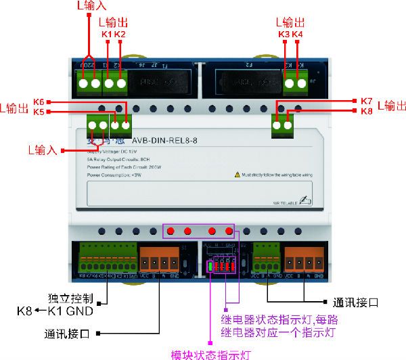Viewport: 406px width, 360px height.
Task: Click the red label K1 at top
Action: pyautogui.click(x=106, y=34)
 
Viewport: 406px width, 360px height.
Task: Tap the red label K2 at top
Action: pyautogui.click(x=119, y=34)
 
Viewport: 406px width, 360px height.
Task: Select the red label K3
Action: pyautogui.click(x=284, y=34)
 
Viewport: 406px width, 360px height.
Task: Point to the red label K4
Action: pyautogui.click(x=298, y=34)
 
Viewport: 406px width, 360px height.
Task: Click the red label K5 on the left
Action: pyautogui.click(x=39, y=112)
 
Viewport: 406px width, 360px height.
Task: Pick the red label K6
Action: pyautogui.click(x=39, y=102)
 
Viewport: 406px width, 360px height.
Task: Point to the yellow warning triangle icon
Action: pyautogui.click(x=238, y=175)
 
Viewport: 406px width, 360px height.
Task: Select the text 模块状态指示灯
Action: pyautogui.click(x=210, y=354)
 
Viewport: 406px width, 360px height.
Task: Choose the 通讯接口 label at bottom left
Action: pyautogui.click(x=68, y=333)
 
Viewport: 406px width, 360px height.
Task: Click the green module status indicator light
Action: pyautogui.click(x=210, y=266)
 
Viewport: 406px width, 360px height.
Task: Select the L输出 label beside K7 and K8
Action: pyautogui.click(x=392, y=106)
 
